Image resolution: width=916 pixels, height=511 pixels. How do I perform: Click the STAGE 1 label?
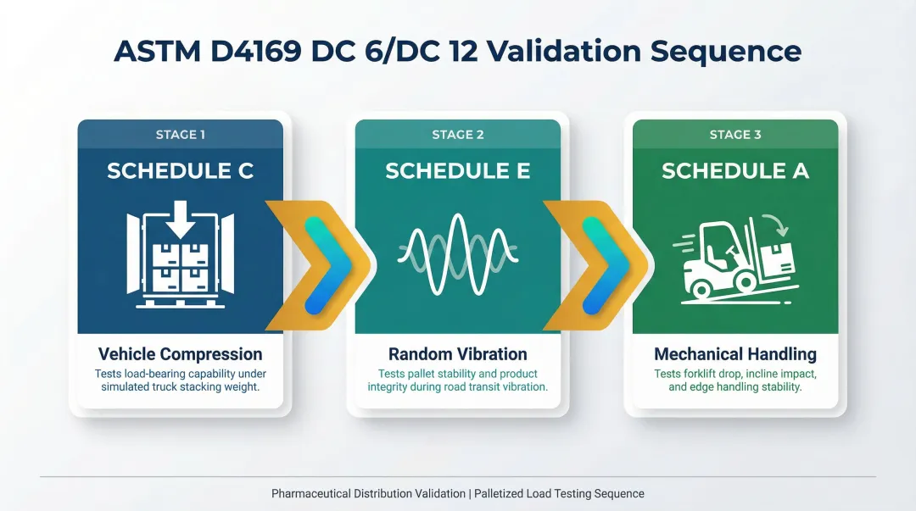point(180,135)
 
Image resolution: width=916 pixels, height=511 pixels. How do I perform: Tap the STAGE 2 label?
point(458,135)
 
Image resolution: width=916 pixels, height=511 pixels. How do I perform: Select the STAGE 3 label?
point(735,135)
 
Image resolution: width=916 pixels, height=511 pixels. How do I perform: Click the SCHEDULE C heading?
point(180,171)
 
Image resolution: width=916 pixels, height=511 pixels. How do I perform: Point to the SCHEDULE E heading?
point(458,171)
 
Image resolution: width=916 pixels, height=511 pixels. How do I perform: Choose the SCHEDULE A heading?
point(735,171)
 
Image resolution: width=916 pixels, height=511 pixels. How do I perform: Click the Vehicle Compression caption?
point(180,354)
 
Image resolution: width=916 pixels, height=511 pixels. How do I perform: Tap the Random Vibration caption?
point(458,354)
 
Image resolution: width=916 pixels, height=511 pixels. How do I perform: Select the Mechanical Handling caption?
point(735,354)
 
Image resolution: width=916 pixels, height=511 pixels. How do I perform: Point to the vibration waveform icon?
point(458,252)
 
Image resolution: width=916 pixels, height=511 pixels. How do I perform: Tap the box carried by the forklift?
point(776,258)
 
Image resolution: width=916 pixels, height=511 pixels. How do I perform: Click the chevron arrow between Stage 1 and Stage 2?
point(321,264)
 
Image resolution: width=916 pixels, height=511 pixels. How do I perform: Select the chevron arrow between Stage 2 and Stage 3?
point(598,264)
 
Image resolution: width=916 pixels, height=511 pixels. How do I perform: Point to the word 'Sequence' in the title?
point(726,51)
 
